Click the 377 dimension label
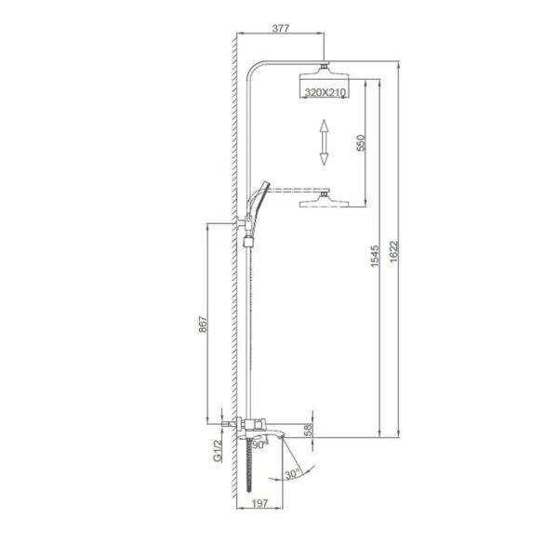281,28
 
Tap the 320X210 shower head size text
325,92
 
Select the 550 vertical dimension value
361,142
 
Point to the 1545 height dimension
375,256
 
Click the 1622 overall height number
393,252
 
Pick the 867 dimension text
202,324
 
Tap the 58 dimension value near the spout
308,430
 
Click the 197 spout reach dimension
259,503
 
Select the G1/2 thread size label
218,450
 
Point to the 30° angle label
293,474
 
